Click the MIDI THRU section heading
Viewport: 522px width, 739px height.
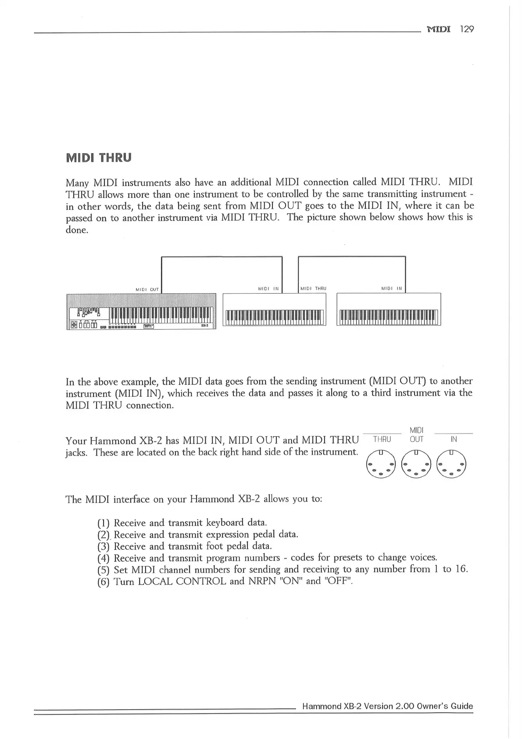coord(98,158)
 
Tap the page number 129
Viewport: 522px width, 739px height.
coord(467,29)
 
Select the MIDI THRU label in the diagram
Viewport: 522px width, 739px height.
coord(313,289)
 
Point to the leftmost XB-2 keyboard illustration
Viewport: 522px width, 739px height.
coord(141,311)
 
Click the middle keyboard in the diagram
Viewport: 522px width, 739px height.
coord(275,310)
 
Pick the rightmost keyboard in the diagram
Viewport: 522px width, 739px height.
coord(389,310)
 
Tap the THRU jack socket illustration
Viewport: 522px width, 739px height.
coord(381,464)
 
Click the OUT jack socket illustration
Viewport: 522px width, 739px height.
coord(416,464)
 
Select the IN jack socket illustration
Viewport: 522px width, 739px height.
coord(452,464)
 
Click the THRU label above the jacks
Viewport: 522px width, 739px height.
coord(382,439)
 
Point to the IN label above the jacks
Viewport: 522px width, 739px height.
coord(454,439)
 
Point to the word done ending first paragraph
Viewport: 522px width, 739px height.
coord(76,230)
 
